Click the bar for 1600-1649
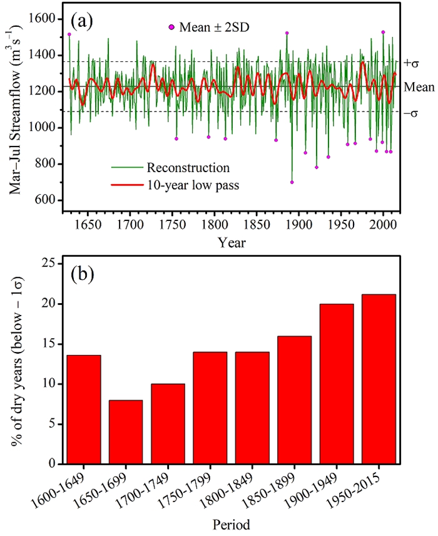pyautogui.click(x=83, y=410)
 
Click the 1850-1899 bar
pyautogui.click(x=295, y=400)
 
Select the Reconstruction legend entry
pyautogui.click(x=188, y=168)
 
